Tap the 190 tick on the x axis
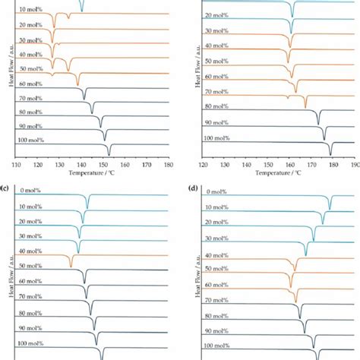pos(354,164)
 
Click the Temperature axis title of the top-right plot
pos(278,173)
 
